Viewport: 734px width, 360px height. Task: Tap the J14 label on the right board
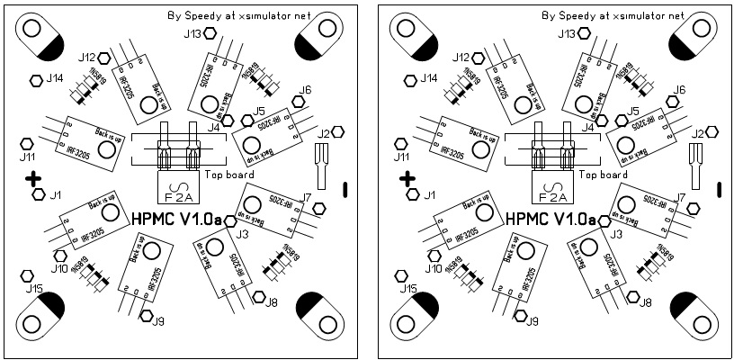tap(429, 78)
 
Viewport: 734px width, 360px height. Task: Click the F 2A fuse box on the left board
tap(174, 190)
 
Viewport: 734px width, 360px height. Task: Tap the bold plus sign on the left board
tap(33, 179)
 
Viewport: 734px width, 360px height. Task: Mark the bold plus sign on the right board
tap(407, 179)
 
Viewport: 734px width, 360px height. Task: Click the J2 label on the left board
tap(324, 133)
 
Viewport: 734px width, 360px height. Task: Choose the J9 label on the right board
tap(533, 321)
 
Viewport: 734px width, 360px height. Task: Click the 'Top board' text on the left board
tap(229, 175)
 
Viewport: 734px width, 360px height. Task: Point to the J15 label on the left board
tap(34, 289)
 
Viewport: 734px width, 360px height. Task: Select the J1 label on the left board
tap(56, 194)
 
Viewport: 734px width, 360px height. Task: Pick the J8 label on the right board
tap(646, 302)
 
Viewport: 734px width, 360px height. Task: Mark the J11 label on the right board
tap(401, 156)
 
